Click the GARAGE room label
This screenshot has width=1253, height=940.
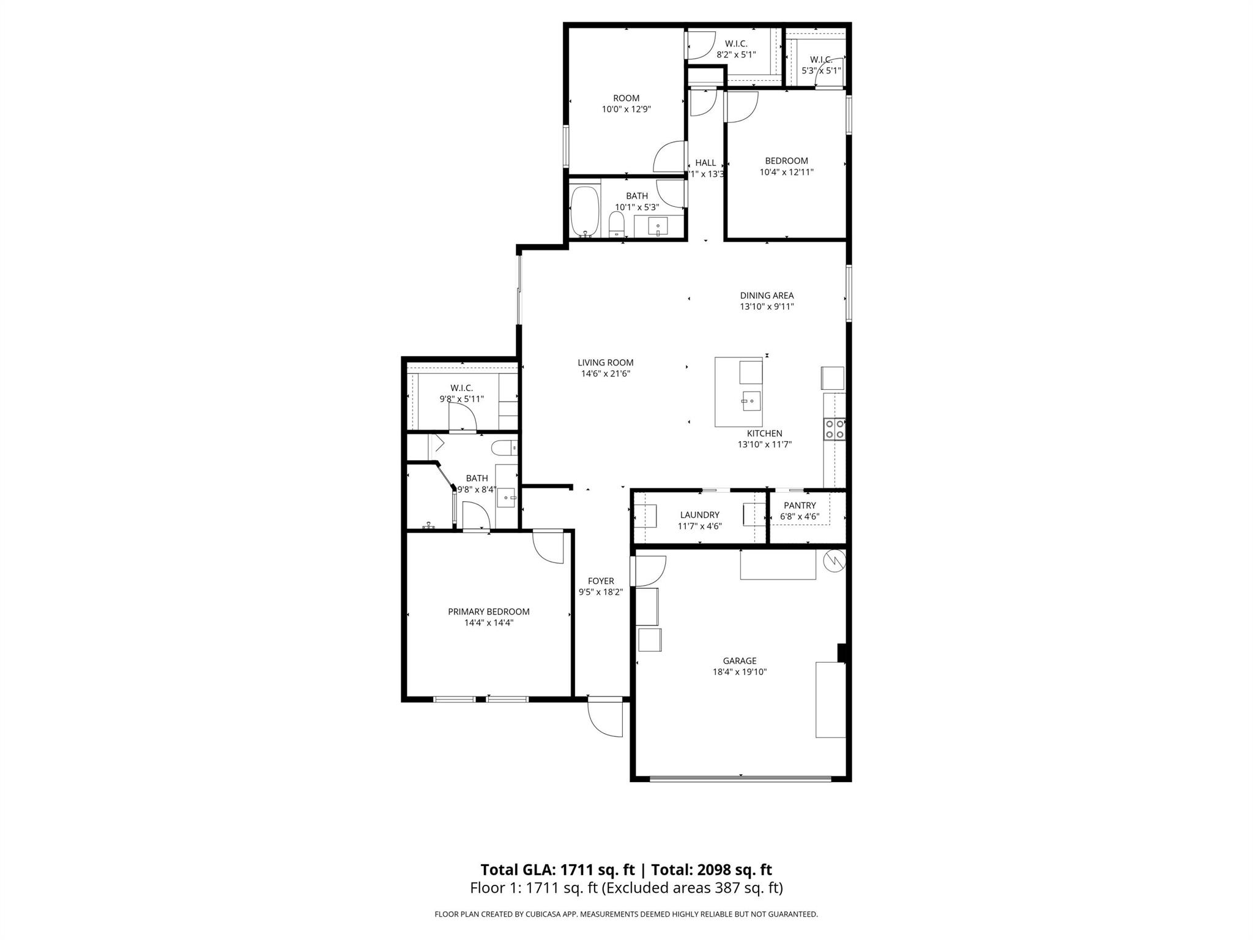pyautogui.click(x=739, y=661)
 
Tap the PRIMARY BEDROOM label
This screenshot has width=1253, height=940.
pyautogui.click(x=488, y=611)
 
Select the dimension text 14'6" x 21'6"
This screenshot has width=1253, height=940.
pyautogui.click(x=605, y=373)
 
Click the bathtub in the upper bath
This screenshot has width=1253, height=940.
pyautogui.click(x=585, y=211)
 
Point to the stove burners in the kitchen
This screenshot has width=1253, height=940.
pyautogui.click(x=835, y=428)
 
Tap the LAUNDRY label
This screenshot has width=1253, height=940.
pyautogui.click(x=699, y=515)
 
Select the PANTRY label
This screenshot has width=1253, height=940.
pyautogui.click(x=800, y=505)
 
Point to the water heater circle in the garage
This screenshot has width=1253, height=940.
pyautogui.click(x=835, y=560)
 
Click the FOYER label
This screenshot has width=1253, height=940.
pyautogui.click(x=600, y=581)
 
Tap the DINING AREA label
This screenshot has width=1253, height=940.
pyautogui.click(x=767, y=296)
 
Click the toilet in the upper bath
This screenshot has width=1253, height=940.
pyautogui.click(x=616, y=225)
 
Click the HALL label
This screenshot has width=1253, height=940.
pyautogui.click(x=705, y=163)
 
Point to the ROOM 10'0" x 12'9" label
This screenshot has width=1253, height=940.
pyautogui.click(x=626, y=98)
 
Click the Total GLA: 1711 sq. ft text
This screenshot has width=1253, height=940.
pyautogui.click(x=557, y=870)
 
